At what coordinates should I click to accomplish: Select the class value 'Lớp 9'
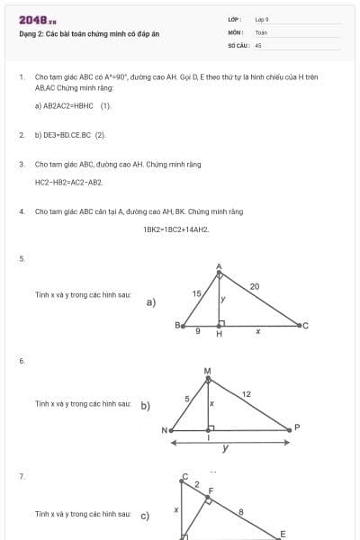(x=262, y=19)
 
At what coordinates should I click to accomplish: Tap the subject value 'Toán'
(x=261, y=31)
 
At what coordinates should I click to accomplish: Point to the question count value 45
(x=258, y=44)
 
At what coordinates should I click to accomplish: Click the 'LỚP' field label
(x=234, y=19)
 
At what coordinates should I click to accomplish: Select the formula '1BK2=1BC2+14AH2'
(x=176, y=229)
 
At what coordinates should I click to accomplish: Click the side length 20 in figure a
(x=255, y=286)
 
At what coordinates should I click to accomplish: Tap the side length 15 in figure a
(x=196, y=293)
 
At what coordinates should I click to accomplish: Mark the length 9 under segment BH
(x=198, y=332)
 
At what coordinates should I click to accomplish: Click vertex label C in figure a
(x=305, y=325)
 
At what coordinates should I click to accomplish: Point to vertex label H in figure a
(x=219, y=334)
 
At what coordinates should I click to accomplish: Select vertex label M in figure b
(x=207, y=370)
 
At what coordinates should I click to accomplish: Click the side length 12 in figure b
(x=247, y=394)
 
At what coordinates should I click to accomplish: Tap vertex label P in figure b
(x=297, y=427)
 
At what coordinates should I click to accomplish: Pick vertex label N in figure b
(x=166, y=430)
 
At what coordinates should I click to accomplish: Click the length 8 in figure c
(x=240, y=511)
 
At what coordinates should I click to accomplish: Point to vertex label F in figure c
(x=211, y=492)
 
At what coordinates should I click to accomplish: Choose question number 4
(x=21, y=211)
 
